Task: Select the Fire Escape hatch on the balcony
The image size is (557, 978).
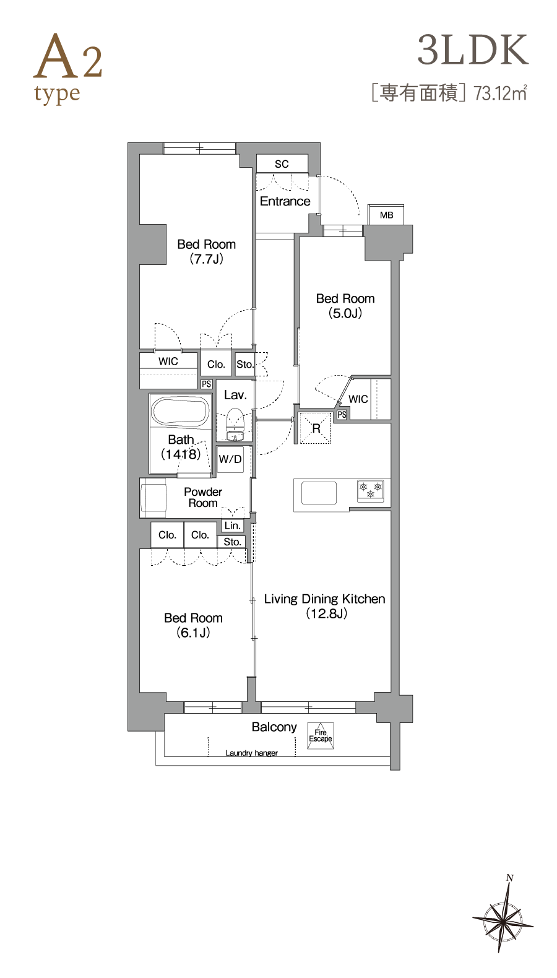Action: click(320, 736)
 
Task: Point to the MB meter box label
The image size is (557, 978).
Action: click(386, 215)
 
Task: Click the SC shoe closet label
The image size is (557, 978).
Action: click(282, 164)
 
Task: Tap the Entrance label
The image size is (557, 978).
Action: click(285, 201)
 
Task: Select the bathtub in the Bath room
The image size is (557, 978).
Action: click(179, 411)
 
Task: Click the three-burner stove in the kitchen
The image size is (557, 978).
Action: click(371, 490)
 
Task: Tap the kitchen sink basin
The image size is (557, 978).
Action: click(319, 493)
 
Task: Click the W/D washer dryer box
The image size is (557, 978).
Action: click(230, 459)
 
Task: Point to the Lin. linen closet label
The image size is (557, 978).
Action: click(233, 526)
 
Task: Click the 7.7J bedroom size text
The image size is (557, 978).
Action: click(207, 259)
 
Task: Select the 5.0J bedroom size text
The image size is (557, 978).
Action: click(345, 313)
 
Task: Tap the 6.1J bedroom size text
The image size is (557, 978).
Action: click(193, 633)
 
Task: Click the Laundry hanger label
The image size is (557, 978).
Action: click(251, 753)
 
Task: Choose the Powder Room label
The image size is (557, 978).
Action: click(203, 497)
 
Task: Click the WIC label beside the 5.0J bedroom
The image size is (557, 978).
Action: click(358, 399)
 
